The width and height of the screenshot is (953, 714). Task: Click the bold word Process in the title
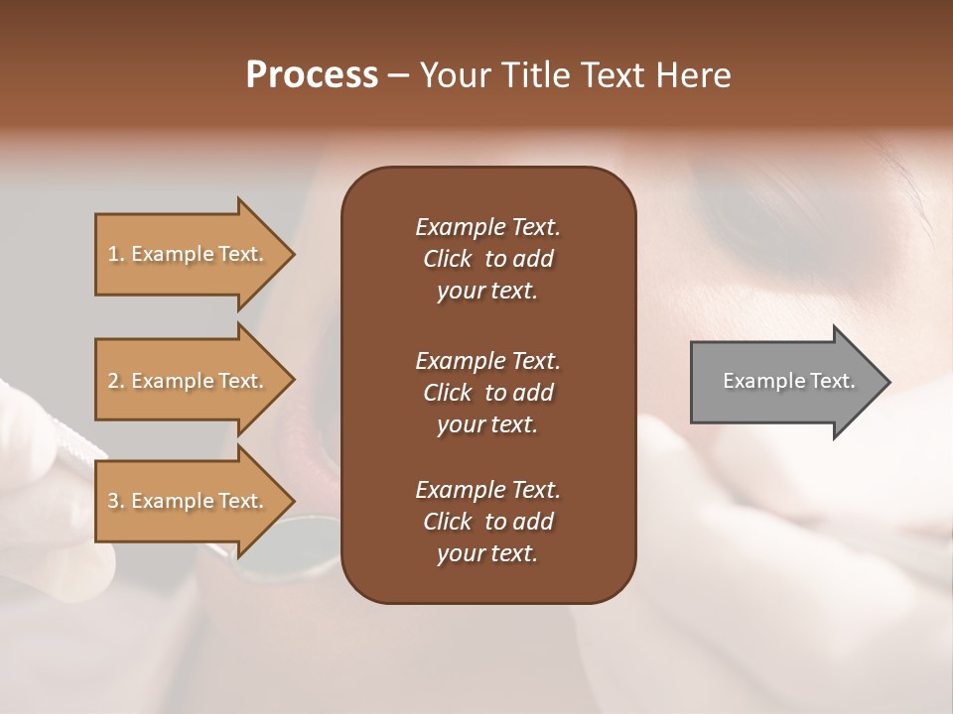tap(312, 75)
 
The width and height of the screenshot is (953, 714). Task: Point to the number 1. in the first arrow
tap(116, 254)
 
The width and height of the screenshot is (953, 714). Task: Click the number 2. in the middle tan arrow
tap(116, 381)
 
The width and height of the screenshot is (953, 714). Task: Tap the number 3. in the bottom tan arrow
tap(116, 501)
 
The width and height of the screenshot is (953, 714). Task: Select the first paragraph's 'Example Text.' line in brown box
tap(487, 227)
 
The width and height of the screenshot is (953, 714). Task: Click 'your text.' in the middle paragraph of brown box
tap(487, 424)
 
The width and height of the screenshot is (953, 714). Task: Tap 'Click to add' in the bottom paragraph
tap(487, 522)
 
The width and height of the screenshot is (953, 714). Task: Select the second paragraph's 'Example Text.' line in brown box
tap(487, 360)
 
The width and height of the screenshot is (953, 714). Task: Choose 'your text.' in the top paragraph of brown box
tap(487, 292)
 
